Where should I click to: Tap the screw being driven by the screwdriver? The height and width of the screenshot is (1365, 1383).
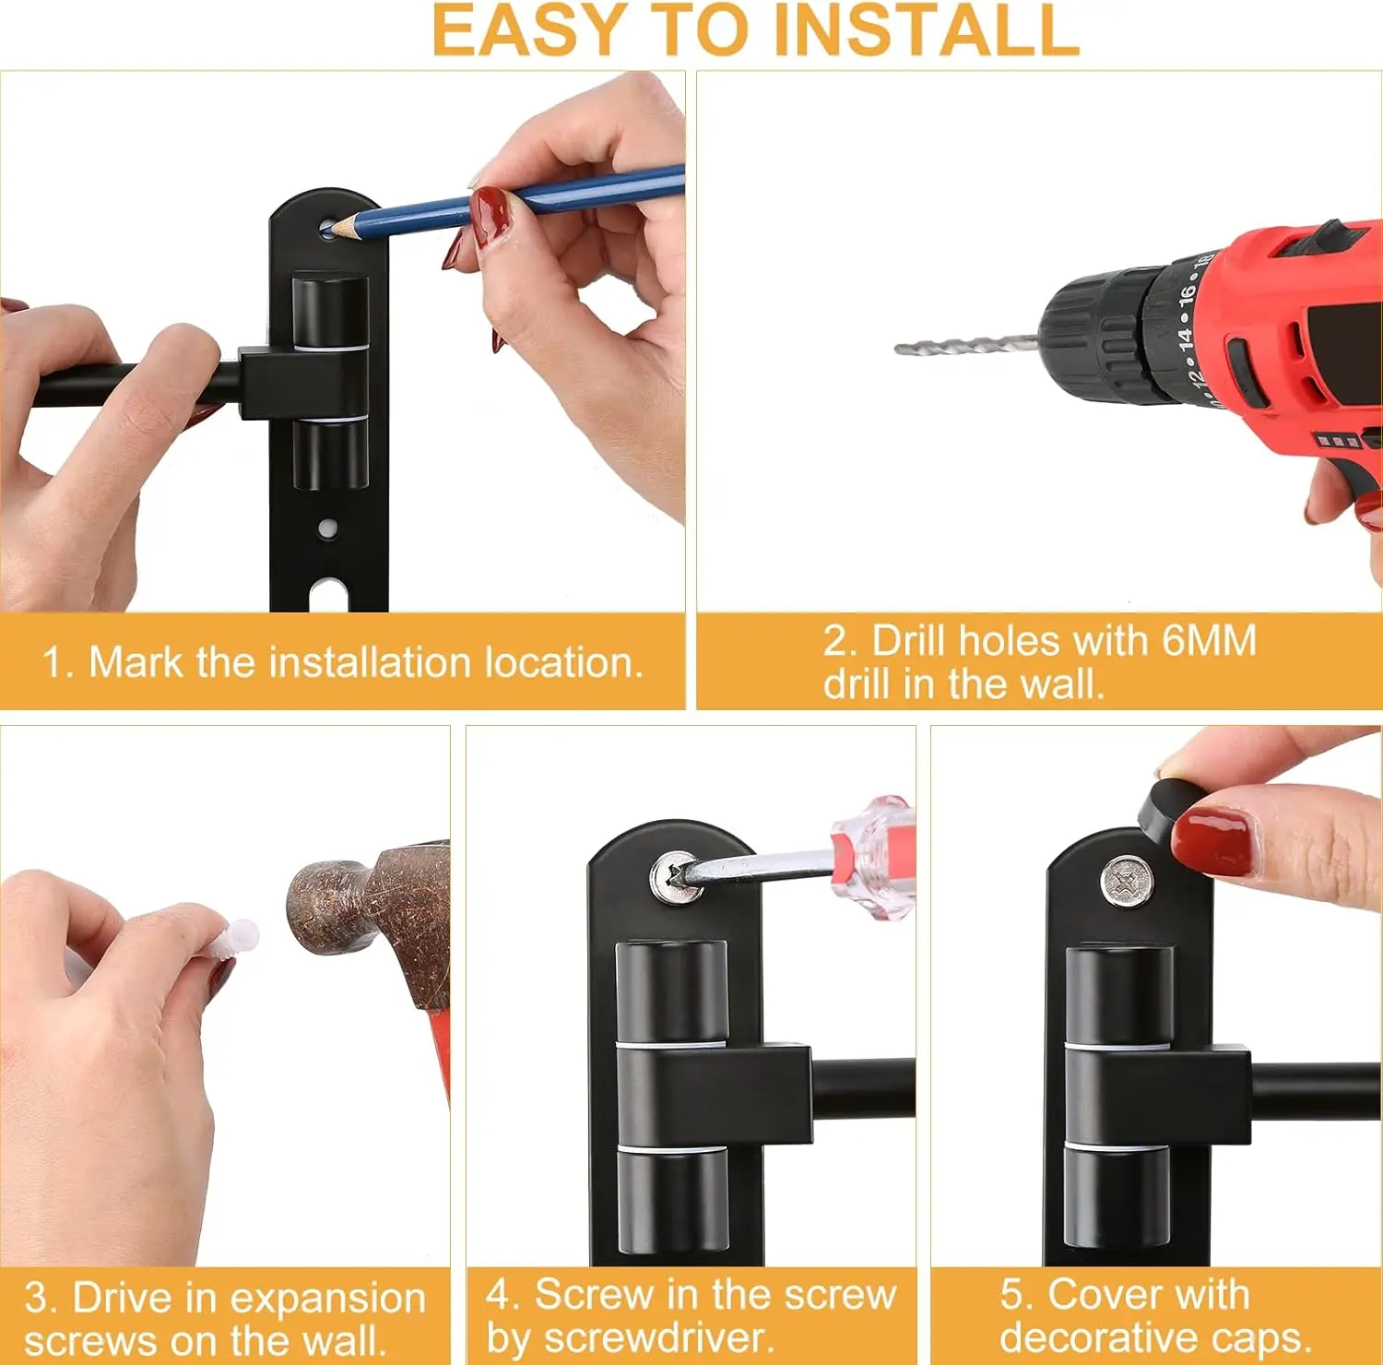coord(675,877)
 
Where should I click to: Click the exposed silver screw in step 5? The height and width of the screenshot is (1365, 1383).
coord(1127,883)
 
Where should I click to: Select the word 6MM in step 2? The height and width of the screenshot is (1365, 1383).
coord(1208,641)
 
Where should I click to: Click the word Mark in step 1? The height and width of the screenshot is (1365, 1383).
coord(136,662)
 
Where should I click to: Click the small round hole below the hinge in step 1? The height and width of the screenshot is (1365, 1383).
coord(327,528)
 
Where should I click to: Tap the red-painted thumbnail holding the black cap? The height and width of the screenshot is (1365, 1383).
coord(1214,840)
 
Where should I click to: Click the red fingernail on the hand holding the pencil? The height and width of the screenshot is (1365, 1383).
coord(491,215)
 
